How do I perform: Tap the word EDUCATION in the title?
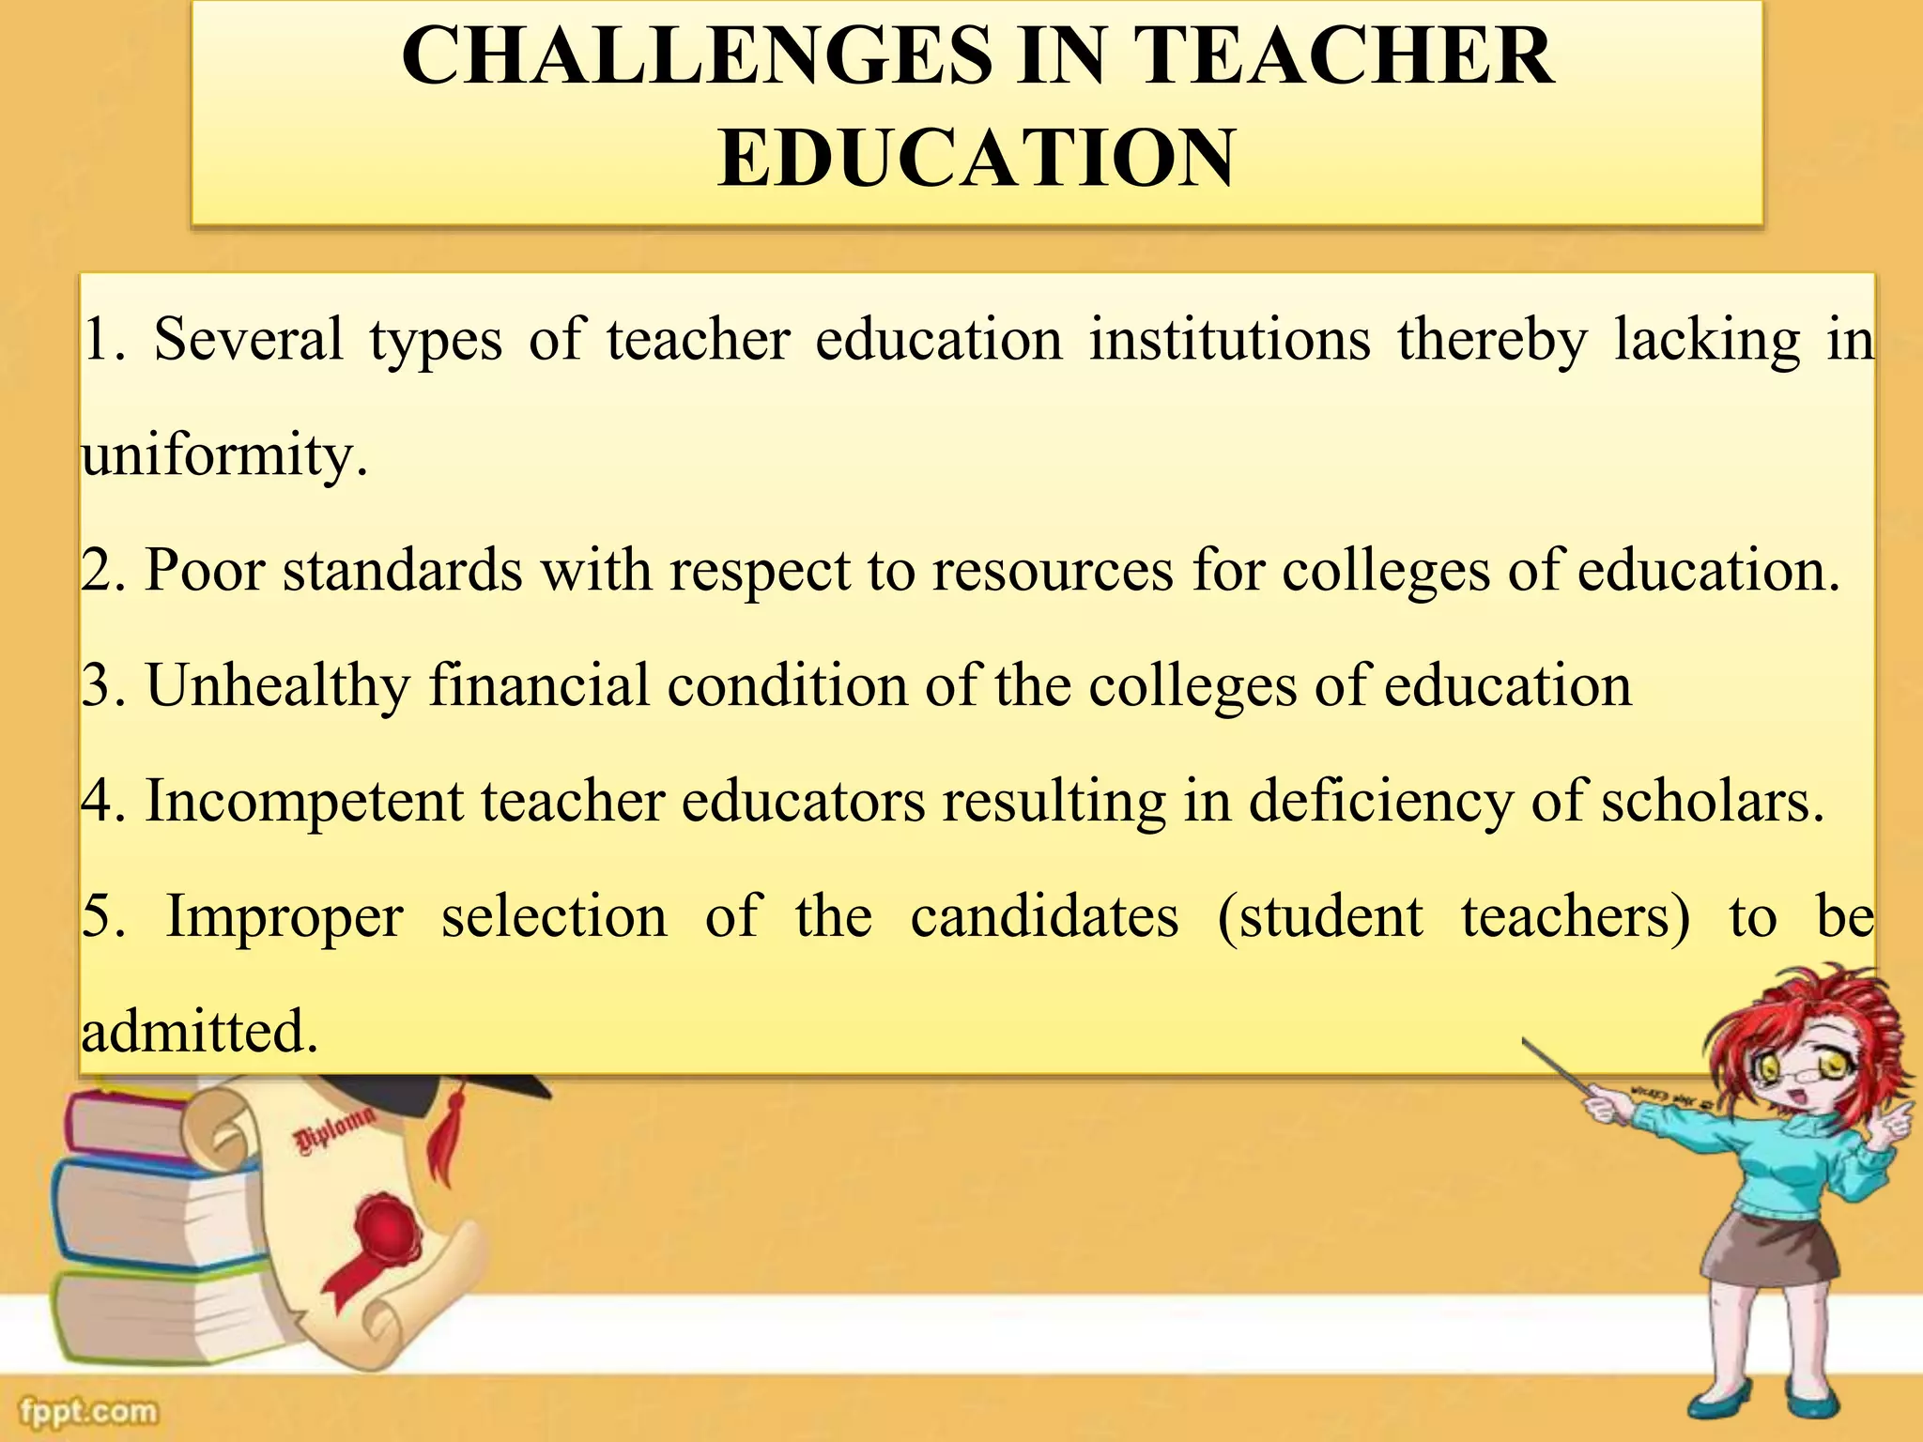tap(977, 158)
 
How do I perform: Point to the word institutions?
tap(1229, 340)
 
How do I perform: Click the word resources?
tap(1052, 571)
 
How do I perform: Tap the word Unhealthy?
tap(278, 685)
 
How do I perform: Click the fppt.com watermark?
tap(89, 1411)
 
